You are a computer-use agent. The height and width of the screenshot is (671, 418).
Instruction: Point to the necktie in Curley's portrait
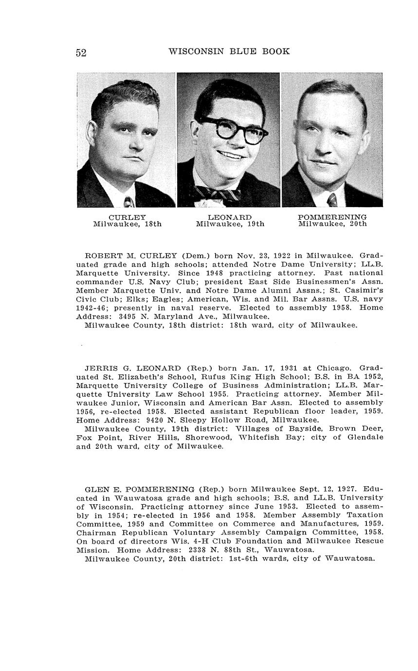click(129, 201)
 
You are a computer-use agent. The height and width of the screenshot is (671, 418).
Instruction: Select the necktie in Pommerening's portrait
click(333, 200)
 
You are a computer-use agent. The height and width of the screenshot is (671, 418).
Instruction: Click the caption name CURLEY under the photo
click(127, 217)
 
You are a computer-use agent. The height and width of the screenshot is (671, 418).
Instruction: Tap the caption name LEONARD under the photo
click(230, 217)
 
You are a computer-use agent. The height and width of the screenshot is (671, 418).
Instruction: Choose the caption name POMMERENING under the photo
click(332, 217)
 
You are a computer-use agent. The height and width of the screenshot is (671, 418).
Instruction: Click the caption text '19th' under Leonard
click(254, 224)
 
